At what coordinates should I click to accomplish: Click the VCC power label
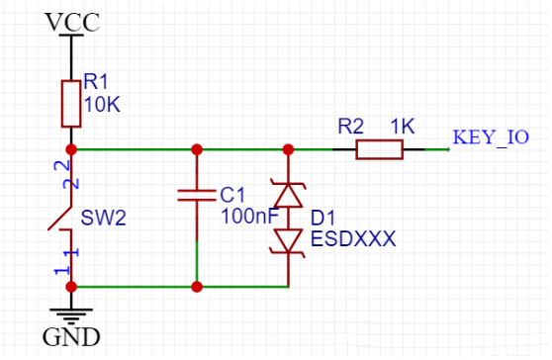tap(72, 22)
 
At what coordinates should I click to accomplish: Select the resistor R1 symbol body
tap(70, 104)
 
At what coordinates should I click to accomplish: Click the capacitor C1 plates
tap(197, 196)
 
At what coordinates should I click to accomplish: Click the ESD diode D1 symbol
tap(288, 218)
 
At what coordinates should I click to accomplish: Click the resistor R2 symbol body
tap(379, 149)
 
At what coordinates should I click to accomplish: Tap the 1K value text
tap(402, 128)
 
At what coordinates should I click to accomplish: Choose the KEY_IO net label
tap(491, 137)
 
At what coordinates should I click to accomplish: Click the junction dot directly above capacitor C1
tap(197, 149)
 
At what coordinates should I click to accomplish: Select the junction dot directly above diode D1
tap(288, 149)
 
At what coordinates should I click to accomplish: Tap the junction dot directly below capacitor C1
tap(197, 287)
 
